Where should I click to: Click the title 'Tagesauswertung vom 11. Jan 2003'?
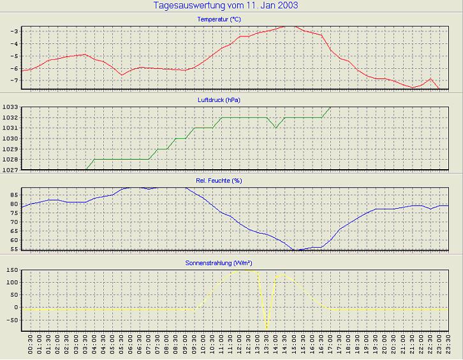tap(226, 6)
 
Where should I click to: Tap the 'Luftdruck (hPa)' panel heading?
tap(219, 100)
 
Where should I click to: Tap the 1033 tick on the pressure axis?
tap(11, 107)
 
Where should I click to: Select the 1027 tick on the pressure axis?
tap(11, 170)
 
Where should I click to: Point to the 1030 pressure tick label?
tap(11, 139)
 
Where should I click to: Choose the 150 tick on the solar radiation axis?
tap(11, 270)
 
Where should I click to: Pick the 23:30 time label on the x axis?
tap(448, 344)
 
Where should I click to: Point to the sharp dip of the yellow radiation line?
tap(267, 329)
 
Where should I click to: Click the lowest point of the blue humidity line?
tap(294, 250)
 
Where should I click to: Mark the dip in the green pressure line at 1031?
tap(276, 128)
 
